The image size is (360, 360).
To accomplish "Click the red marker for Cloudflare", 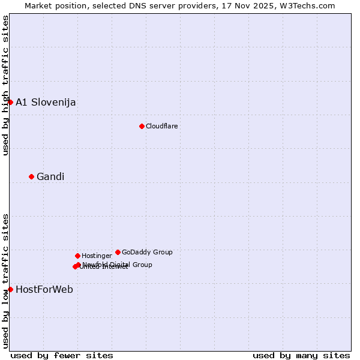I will point(142,126).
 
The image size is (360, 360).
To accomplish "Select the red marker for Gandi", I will point(31,176).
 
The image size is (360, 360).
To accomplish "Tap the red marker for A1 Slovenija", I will point(10,102).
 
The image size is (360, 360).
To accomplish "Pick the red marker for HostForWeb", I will point(10,289).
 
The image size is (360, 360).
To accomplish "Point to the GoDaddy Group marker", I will point(118,252).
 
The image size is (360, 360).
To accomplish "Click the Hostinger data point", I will point(77,256).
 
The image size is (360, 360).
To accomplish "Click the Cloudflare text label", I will point(162,126).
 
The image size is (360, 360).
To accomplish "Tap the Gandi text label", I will point(50,176).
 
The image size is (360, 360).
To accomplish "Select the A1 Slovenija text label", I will point(46,102).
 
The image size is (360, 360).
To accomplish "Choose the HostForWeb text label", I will point(44,289).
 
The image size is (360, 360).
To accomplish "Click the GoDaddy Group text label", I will point(147,252).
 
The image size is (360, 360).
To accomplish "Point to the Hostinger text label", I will point(97,256).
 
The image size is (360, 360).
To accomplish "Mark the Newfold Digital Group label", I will point(118,265).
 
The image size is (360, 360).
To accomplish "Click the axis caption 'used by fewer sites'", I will point(62,355).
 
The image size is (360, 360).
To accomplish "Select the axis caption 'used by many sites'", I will point(301,355).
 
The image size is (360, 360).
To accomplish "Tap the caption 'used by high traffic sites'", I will point(5,85).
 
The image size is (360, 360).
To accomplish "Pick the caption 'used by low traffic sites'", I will point(5,281).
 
